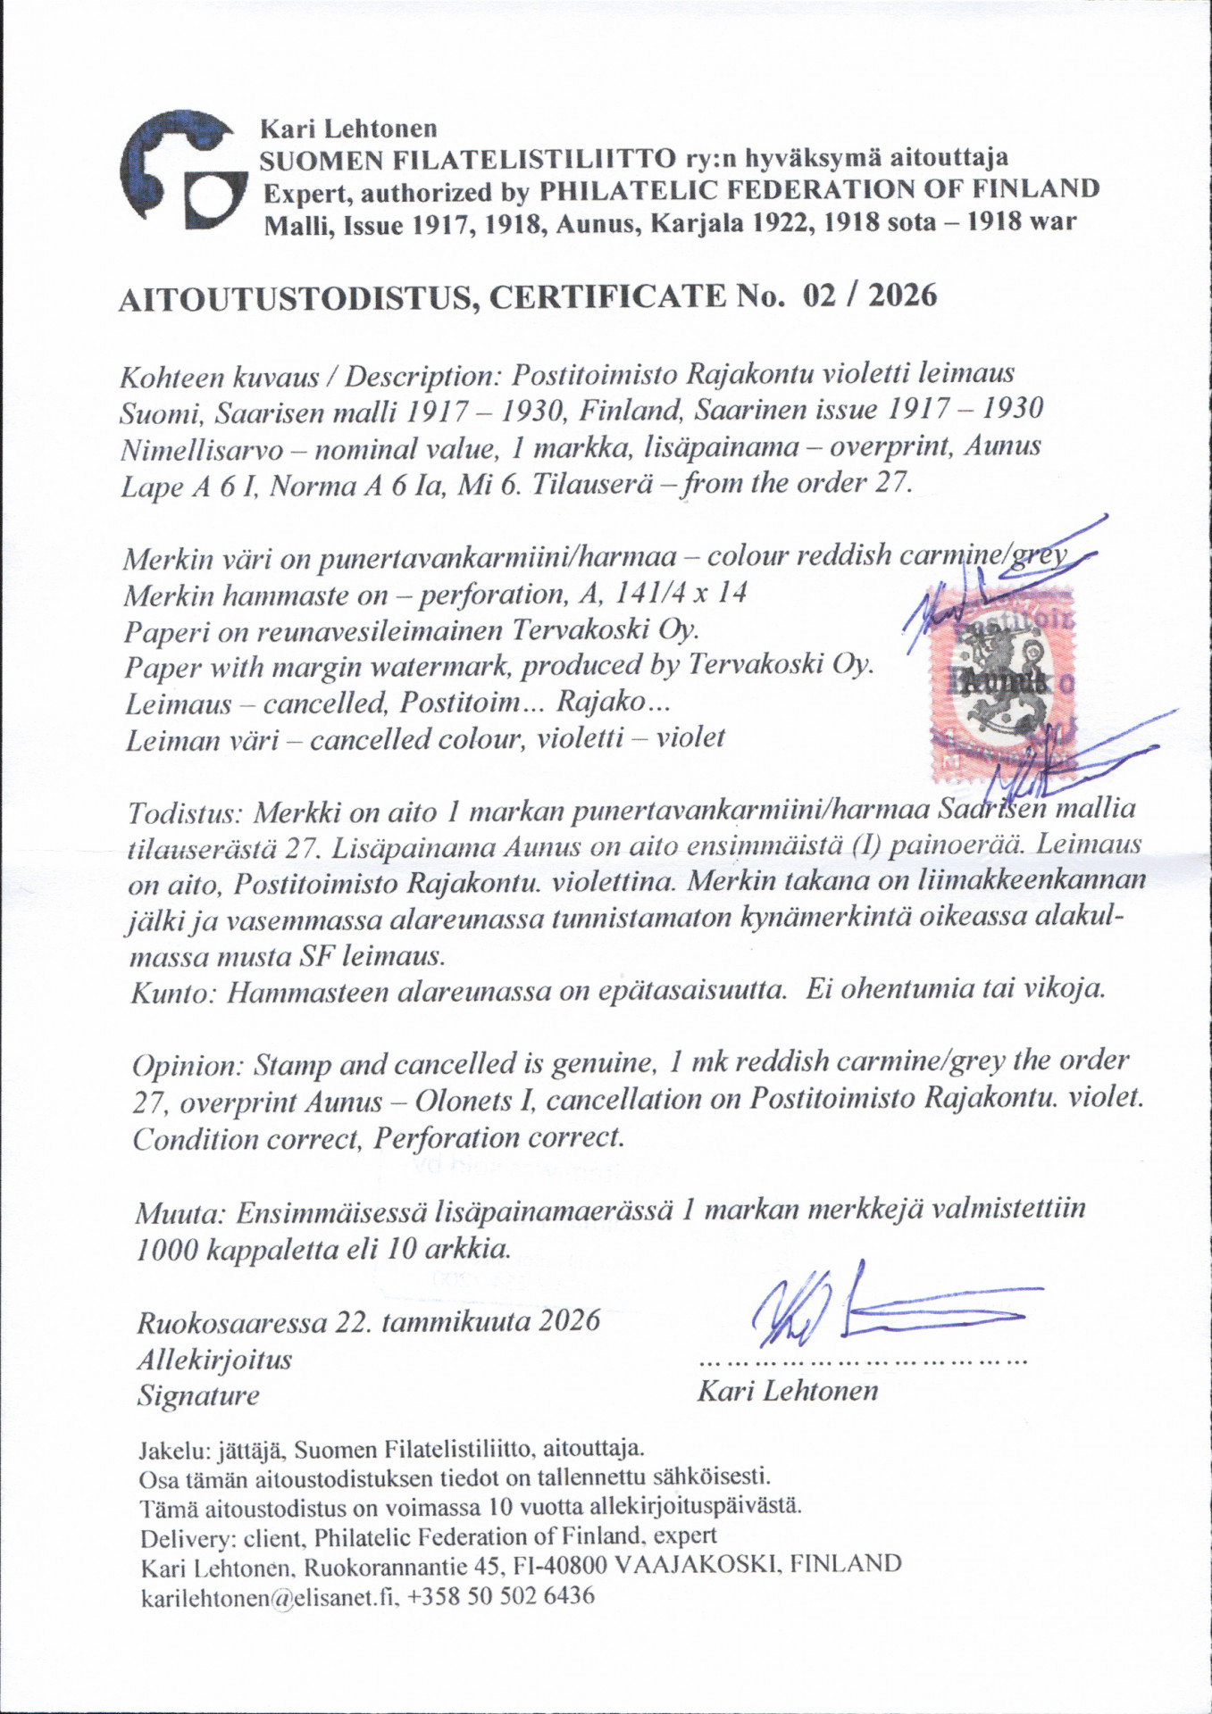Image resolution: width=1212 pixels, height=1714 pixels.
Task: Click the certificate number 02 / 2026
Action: pos(870,295)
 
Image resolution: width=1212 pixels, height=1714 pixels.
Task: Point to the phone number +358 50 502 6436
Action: pos(500,1596)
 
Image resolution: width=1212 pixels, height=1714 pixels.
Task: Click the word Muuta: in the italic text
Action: pos(181,1213)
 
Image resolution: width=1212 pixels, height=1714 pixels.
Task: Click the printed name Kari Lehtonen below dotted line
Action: pos(787,1391)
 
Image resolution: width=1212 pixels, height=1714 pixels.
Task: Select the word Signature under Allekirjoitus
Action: pos(197,1395)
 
